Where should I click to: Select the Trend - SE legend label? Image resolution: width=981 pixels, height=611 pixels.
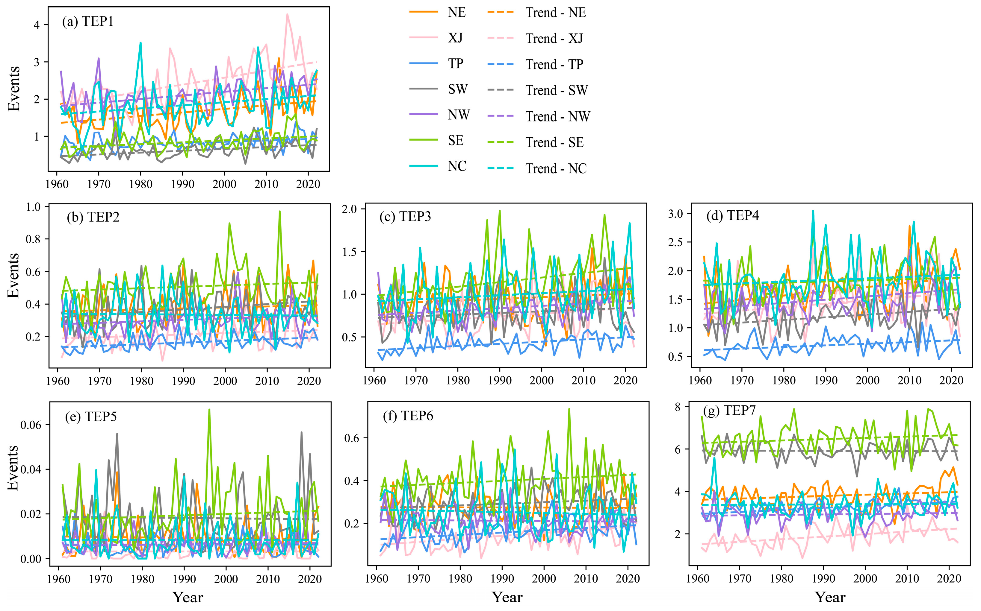tap(554, 142)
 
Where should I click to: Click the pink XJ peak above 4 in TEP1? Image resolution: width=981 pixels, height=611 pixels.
tap(287, 15)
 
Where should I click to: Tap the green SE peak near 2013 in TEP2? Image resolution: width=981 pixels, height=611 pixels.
tap(279, 211)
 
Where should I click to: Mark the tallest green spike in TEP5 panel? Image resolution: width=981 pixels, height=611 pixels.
tap(209, 409)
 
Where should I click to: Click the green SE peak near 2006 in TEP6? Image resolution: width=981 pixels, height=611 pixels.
tap(569, 409)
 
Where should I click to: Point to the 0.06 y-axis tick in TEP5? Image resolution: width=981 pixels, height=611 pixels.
tap(31, 425)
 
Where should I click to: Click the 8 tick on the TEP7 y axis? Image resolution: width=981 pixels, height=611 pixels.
tap(677, 407)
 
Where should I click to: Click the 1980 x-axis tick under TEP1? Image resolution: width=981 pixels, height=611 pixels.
tap(141, 184)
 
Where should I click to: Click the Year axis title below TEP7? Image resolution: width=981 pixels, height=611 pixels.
tap(830, 597)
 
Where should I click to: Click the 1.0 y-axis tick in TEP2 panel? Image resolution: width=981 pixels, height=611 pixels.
tap(33, 207)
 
